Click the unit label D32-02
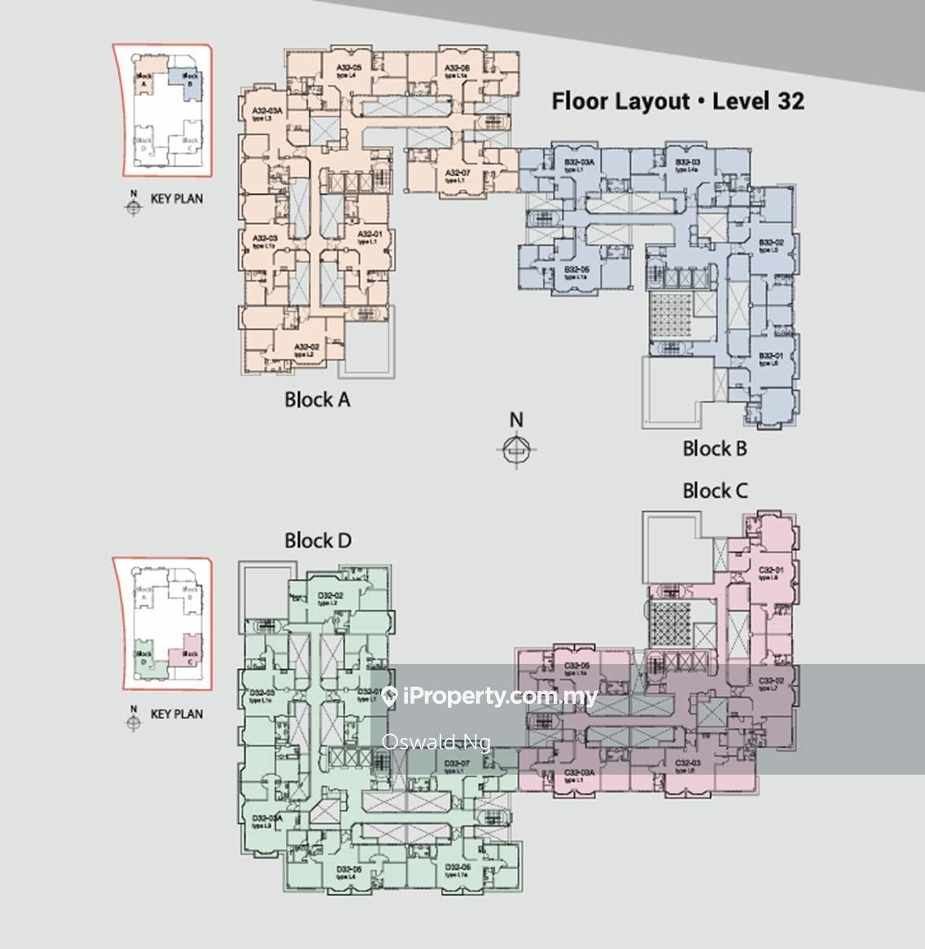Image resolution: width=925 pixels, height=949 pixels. (x=331, y=595)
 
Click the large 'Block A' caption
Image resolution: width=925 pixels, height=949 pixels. (x=318, y=400)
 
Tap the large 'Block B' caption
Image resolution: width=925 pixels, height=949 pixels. (x=714, y=448)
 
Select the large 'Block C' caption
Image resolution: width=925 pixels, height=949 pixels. (x=714, y=490)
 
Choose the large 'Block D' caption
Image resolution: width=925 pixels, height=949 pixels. (x=318, y=540)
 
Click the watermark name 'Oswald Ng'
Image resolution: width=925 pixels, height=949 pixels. (x=436, y=742)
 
